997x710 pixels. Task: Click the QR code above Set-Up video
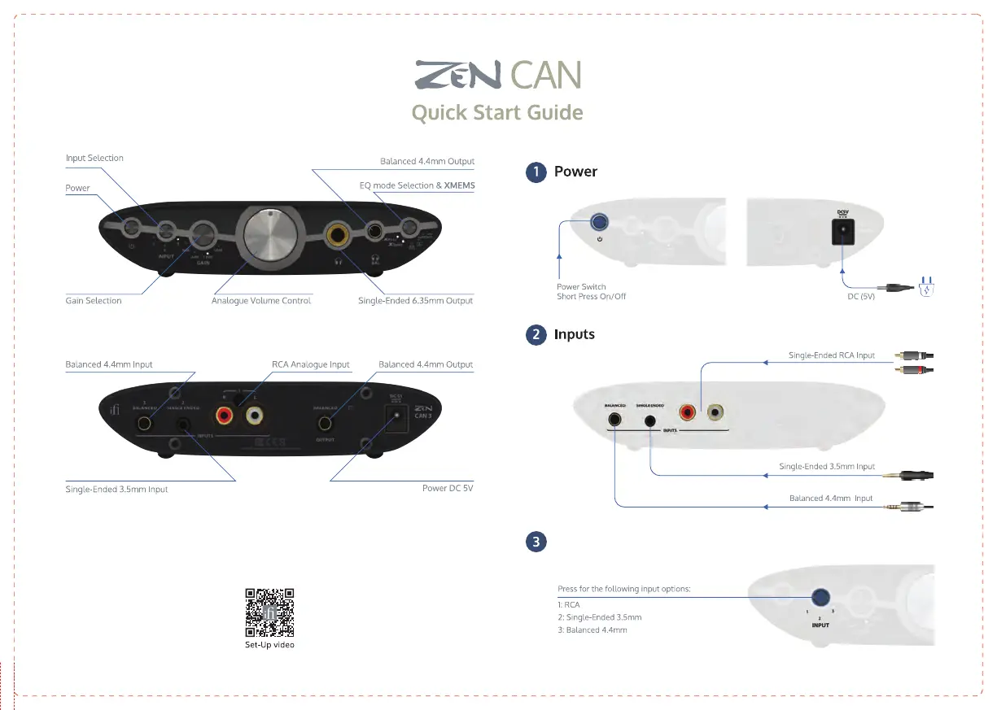pyautogui.click(x=269, y=612)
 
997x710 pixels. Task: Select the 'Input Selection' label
pyautogui.click(x=94, y=158)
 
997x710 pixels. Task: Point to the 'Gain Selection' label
pyautogui.click(x=94, y=301)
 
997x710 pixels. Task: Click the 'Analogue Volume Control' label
pyautogui.click(x=261, y=301)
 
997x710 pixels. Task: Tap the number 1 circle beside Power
pyautogui.click(x=535, y=172)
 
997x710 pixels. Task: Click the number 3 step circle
pyautogui.click(x=535, y=541)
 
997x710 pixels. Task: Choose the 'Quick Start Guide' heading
pyautogui.click(x=497, y=112)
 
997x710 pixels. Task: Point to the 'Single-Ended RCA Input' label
pyautogui.click(x=832, y=355)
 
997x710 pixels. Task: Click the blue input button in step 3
pyautogui.click(x=820, y=598)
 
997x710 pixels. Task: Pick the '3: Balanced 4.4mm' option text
pyautogui.click(x=593, y=630)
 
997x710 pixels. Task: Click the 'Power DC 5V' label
pyautogui.click(x=448, y=489)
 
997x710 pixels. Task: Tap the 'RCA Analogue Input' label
pyautogui.click(x=310, y=364)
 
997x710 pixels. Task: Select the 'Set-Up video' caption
pyautogui.click(x=269, y=645)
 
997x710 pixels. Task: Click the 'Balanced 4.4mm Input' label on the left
pyautogui.click(x=109, y=364)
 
